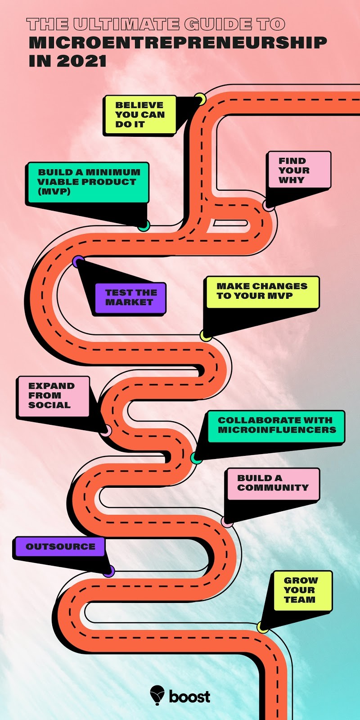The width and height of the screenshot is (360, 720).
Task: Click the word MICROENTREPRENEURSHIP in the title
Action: click(x=177, y=43)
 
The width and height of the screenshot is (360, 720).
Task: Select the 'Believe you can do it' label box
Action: click(x=139, y=115)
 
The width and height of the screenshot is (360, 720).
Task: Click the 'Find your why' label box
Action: click(x=299, y=170)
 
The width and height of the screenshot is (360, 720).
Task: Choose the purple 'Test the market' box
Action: click(x=130, y=297)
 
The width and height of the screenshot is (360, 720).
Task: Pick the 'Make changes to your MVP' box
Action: click(x=262, y=292)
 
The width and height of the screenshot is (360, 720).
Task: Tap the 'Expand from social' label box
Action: click(x=53, y=396)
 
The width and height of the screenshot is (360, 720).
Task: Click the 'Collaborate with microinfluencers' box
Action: click(x=276, y=425)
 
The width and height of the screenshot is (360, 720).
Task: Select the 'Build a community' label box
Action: click(x=273, y=483)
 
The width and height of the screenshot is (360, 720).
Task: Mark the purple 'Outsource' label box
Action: click(x=60, y=547)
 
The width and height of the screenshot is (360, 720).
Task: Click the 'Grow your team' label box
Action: click(x=302, y=590)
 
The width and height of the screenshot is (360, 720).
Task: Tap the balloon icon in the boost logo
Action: click(x=157, y=695)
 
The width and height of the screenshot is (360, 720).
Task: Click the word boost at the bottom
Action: click(x=189, y=697)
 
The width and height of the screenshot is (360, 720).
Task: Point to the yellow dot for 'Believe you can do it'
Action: click(x=200, y=99)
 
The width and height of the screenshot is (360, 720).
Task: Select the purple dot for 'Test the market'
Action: click(x=78, y=261)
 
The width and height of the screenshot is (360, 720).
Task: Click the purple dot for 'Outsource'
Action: click(x=108, y=571)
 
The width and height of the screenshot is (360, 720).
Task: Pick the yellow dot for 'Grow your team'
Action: click(x=262, y=626)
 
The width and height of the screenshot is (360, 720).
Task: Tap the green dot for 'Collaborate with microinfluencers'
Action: click(x=196, y=458)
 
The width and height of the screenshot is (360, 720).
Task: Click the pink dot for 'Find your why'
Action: click(x=269, y=205)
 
